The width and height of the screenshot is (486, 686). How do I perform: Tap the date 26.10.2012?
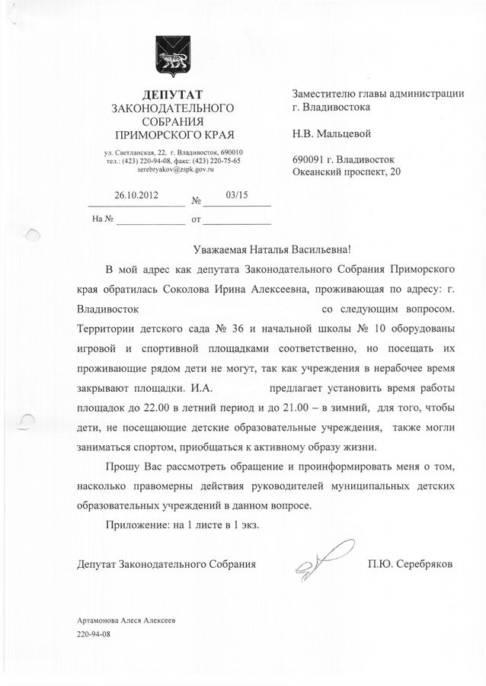[136, 194]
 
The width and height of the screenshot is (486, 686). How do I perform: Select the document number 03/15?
[237, 194]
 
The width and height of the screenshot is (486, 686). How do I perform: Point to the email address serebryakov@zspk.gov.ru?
[172, 170]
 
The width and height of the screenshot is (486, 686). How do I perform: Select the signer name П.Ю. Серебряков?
[409, 565]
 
